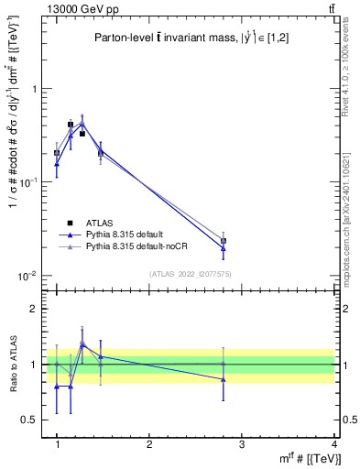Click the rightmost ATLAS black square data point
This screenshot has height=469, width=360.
(224, 241)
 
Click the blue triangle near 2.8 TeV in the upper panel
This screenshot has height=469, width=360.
(224, 247)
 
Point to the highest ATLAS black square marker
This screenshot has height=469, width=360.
(71, 125)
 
